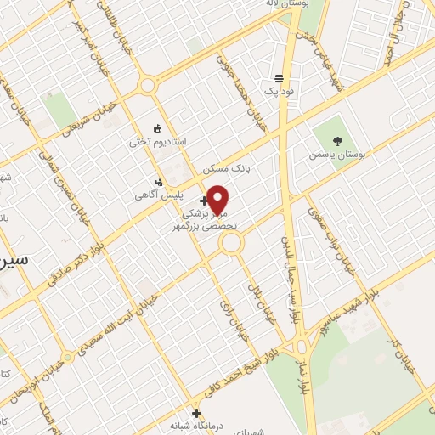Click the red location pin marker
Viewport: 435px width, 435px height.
pos(218,200)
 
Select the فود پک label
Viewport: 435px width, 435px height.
pos(280,90)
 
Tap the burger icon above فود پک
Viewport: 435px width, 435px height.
pos(280,77)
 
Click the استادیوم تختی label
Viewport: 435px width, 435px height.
pos(151,141)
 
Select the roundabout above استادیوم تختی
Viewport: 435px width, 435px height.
pos(149,85)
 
